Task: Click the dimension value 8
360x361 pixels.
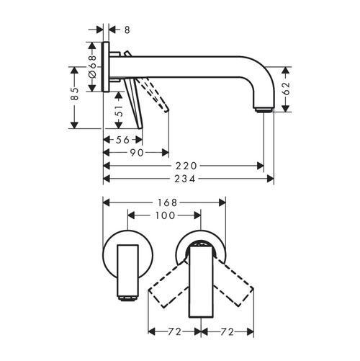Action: tap(127, 30)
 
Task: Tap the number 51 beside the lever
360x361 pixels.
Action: tap(120, 113)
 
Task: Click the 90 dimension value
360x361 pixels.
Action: tap(137, 153)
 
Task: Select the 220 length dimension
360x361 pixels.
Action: tap(186, 165)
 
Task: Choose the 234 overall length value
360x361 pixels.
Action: tap(189, 178)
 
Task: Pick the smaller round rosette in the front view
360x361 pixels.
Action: tap(127, 252)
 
